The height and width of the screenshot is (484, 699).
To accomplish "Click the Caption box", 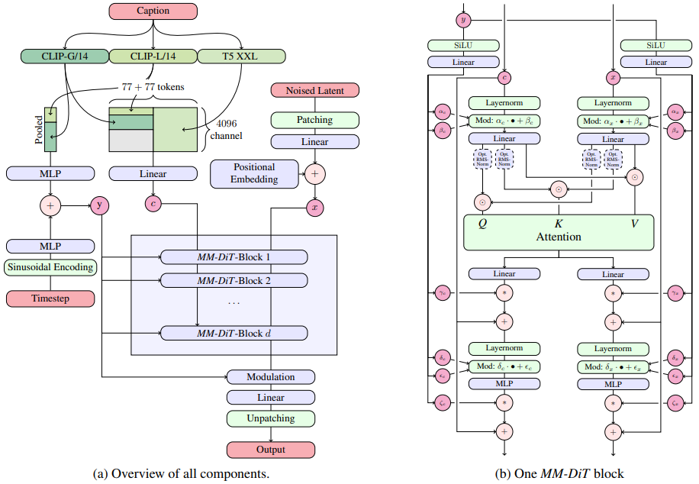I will (153, 11).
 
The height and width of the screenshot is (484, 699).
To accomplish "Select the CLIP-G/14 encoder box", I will (65, 56).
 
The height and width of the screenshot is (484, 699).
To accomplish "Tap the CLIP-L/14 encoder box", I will (153, 56).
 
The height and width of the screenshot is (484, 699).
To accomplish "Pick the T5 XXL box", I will (241, 56).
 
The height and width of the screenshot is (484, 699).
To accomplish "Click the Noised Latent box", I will (314, 90).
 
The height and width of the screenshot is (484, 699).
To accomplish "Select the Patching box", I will (314, 120).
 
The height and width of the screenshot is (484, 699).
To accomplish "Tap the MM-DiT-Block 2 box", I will (234, 280).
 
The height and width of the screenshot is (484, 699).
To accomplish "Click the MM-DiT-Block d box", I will (234, 333).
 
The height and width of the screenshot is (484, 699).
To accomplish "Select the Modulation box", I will (271, 377).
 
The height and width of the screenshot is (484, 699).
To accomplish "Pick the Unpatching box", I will (271, 418).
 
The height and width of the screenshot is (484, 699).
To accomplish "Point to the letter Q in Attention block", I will (482, 223).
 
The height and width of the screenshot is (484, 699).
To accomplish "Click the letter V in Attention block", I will (634, 223).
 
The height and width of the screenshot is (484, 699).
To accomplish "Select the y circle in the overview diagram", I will (101, 205).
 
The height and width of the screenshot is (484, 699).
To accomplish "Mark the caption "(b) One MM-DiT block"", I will (559, 474).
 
